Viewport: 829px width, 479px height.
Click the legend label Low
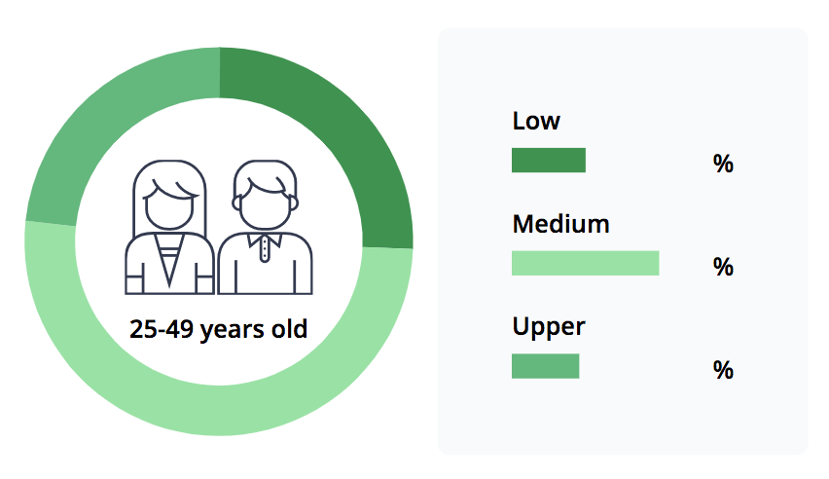(x=535, y=121)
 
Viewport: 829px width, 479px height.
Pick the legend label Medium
(x=560, y=224)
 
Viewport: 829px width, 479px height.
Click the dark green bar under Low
(x=548, y=160)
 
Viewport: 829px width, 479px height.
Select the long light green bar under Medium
(x=586, y=263)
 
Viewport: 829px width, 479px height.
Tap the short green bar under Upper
(x=545, y=366)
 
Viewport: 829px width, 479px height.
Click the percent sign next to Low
(x=723, y=164)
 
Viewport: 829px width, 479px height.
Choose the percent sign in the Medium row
(x=723, y=266)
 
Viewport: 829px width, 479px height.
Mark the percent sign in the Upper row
(x=723, y=369)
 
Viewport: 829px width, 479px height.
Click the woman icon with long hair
(x=169, y=227)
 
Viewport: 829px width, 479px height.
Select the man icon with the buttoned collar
(x=265, y=227)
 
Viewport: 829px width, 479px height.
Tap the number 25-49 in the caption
(x=162, y=329)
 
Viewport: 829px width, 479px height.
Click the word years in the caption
(x=232, y=330)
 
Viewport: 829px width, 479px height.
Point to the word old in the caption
(x=289, y=328)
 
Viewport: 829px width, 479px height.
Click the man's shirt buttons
(x=265, y=250)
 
